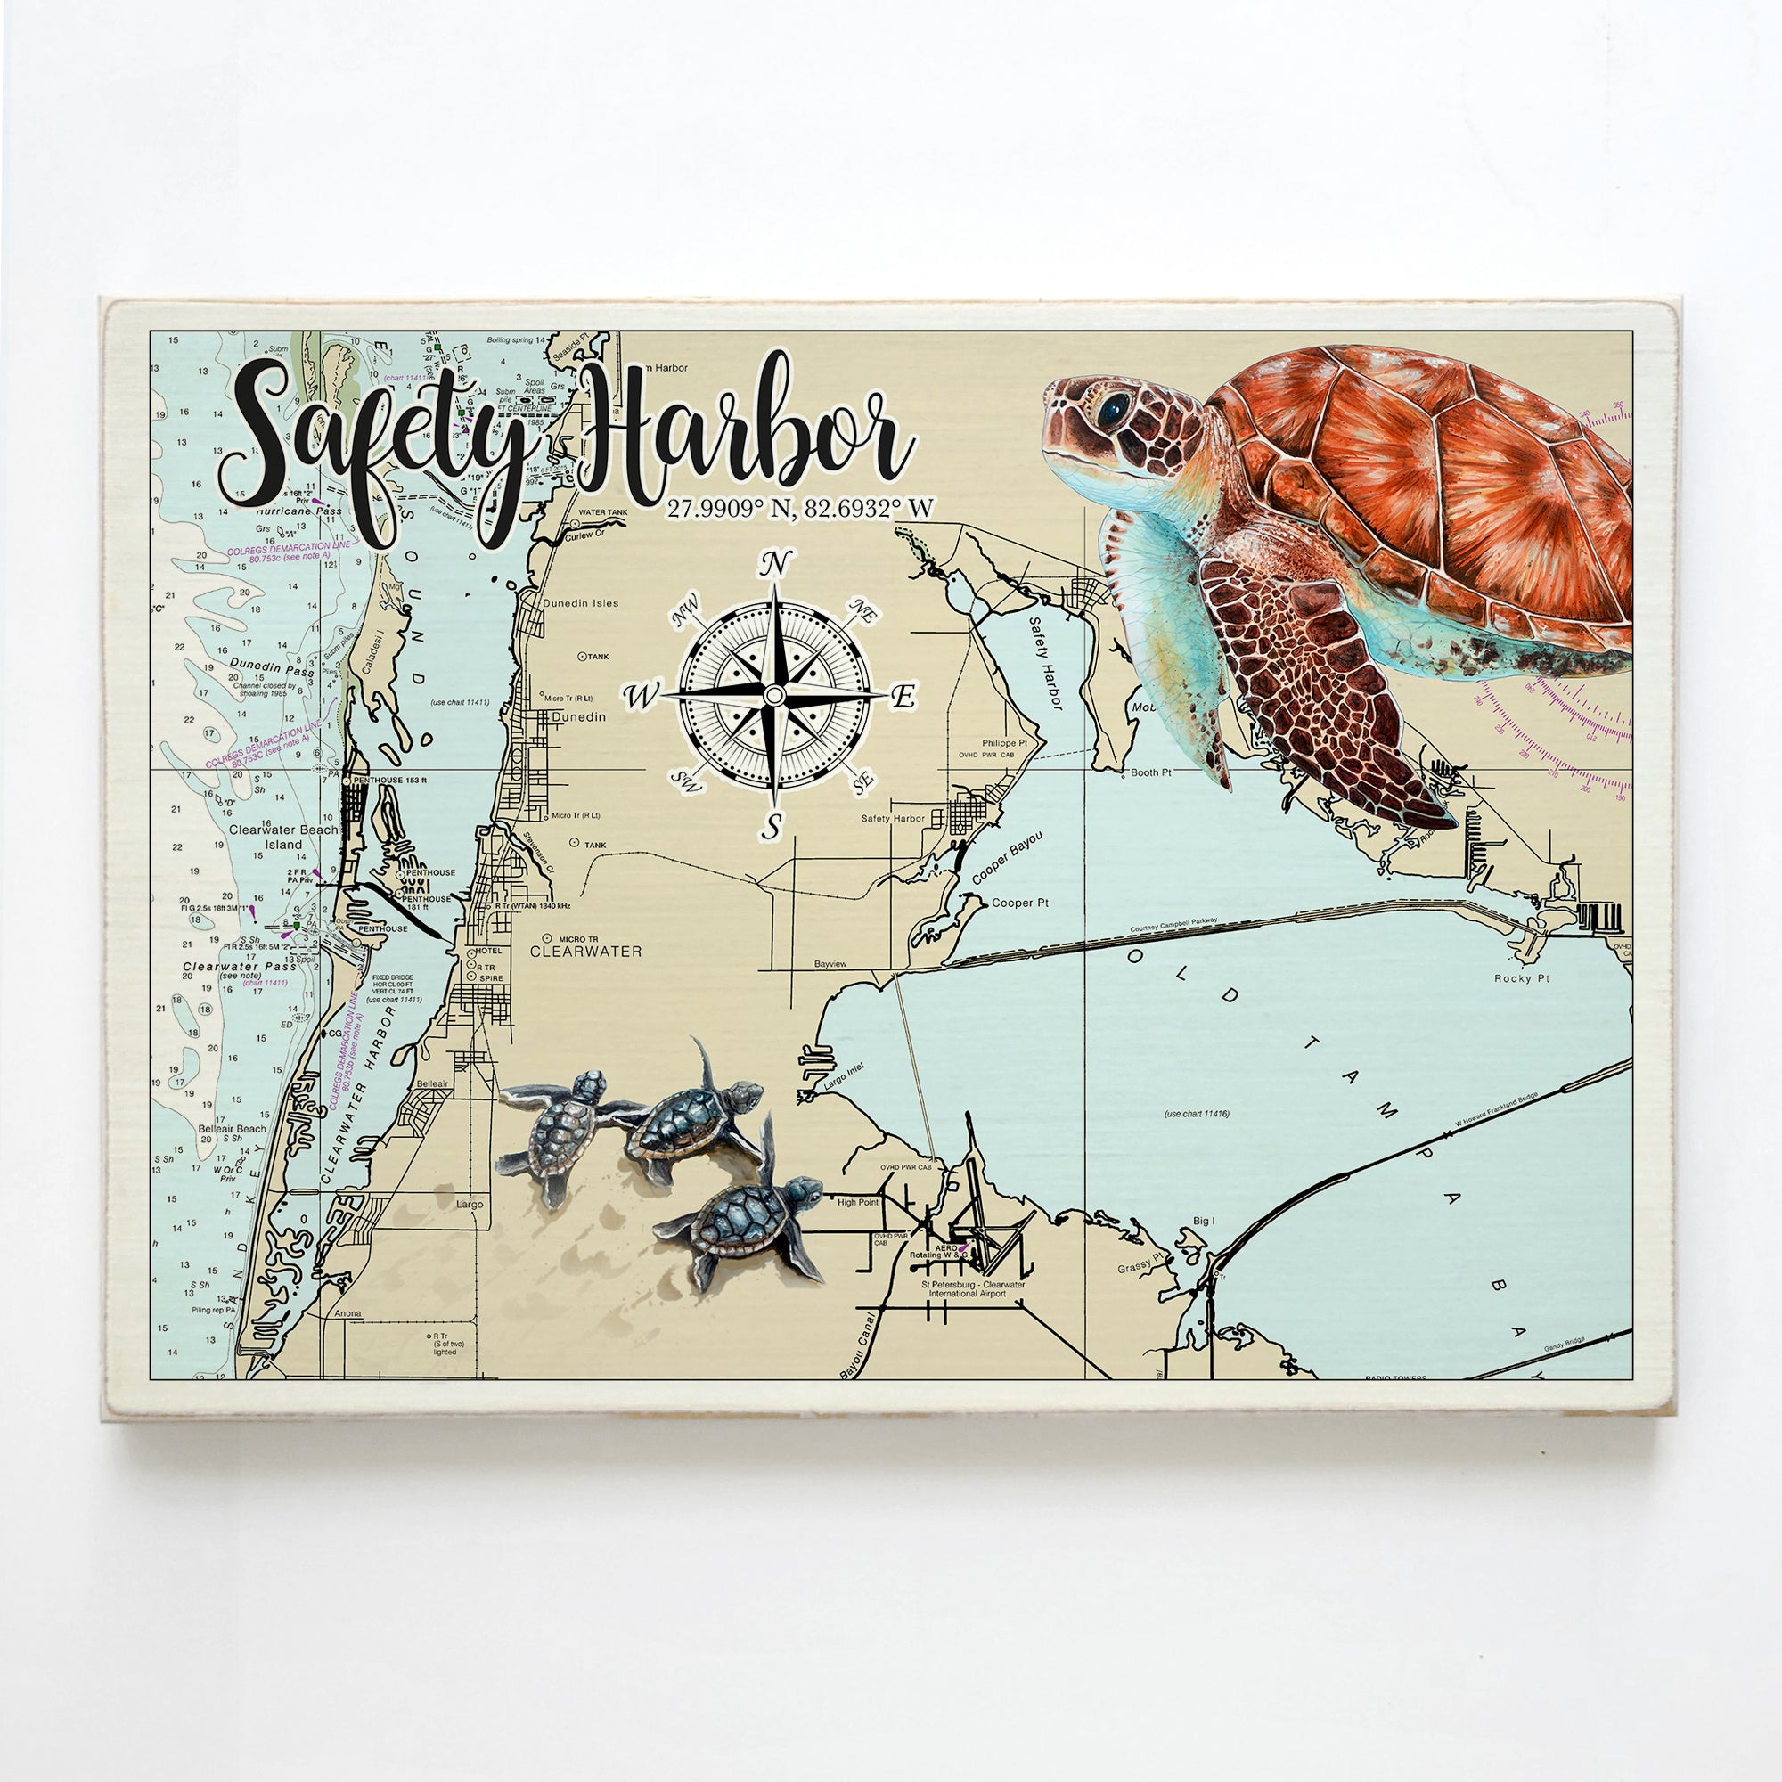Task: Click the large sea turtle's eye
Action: (x=1116, y=405)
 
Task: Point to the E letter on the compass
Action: (x=905, y=698)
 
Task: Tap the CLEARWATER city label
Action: (x=584, y=951)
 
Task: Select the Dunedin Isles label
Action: (x=580, y=603)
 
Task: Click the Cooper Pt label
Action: (x=1020, y=903)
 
